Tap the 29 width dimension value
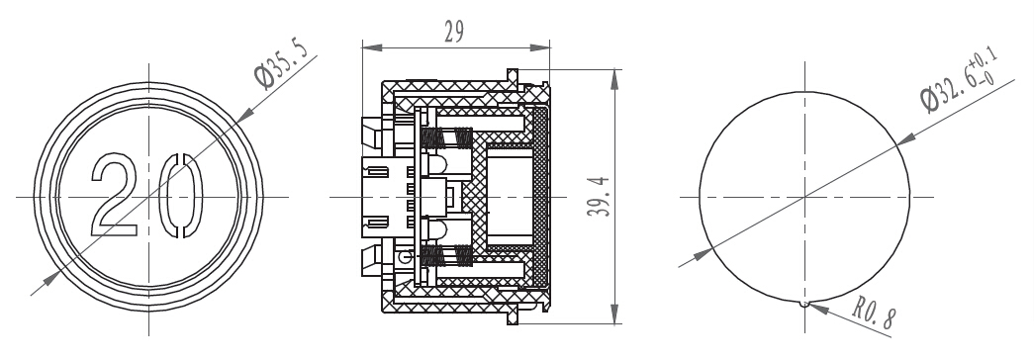point(454,32)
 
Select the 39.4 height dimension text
point(599,196)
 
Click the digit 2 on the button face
point(115,195)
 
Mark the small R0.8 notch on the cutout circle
point(803,304)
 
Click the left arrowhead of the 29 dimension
point(372,47)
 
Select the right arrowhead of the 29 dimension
point(540,47)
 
